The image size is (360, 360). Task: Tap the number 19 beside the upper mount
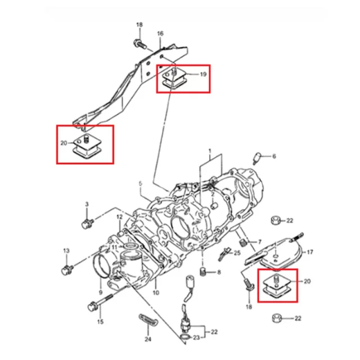click(203, 73)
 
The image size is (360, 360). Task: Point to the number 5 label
click(141, 184)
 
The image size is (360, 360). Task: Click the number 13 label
click(65, 251)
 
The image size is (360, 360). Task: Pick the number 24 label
click(148, 339)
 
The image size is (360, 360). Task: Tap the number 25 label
click(237, 253)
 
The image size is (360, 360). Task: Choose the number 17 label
click(309, 251)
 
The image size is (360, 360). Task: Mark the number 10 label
click(156, 292)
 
